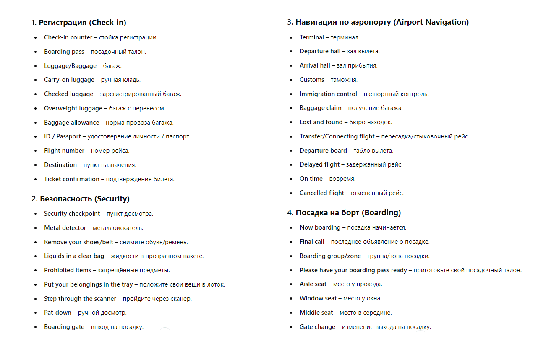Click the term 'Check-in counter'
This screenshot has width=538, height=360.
coord(68,37)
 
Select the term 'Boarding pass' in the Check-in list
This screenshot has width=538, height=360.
coord(64,52)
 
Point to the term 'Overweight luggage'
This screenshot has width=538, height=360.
coord(73,108)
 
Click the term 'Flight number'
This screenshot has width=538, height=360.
coord(64,151)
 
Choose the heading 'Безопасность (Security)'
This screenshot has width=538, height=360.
coord(81,199)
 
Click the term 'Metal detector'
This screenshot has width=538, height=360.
coord(65,228)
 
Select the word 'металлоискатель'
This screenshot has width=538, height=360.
coord(118,228)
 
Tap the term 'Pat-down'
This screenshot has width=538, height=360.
coord(58,313)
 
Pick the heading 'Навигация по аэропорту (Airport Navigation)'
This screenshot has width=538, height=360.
coord(378,22)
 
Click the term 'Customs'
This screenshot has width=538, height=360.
coord(312,80)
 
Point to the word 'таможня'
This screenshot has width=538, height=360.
coord(344,80)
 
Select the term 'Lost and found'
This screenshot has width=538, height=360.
coord(321,122)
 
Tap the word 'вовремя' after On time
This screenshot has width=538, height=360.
coord(342,179)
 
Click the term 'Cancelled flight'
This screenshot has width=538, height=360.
coord(321,193)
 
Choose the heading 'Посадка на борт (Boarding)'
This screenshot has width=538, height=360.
coord(344,213)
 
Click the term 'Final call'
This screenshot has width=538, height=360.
coord(312,242)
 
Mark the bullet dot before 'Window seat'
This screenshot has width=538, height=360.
coord(291,298)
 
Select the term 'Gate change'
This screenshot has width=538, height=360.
coord(317,327)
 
